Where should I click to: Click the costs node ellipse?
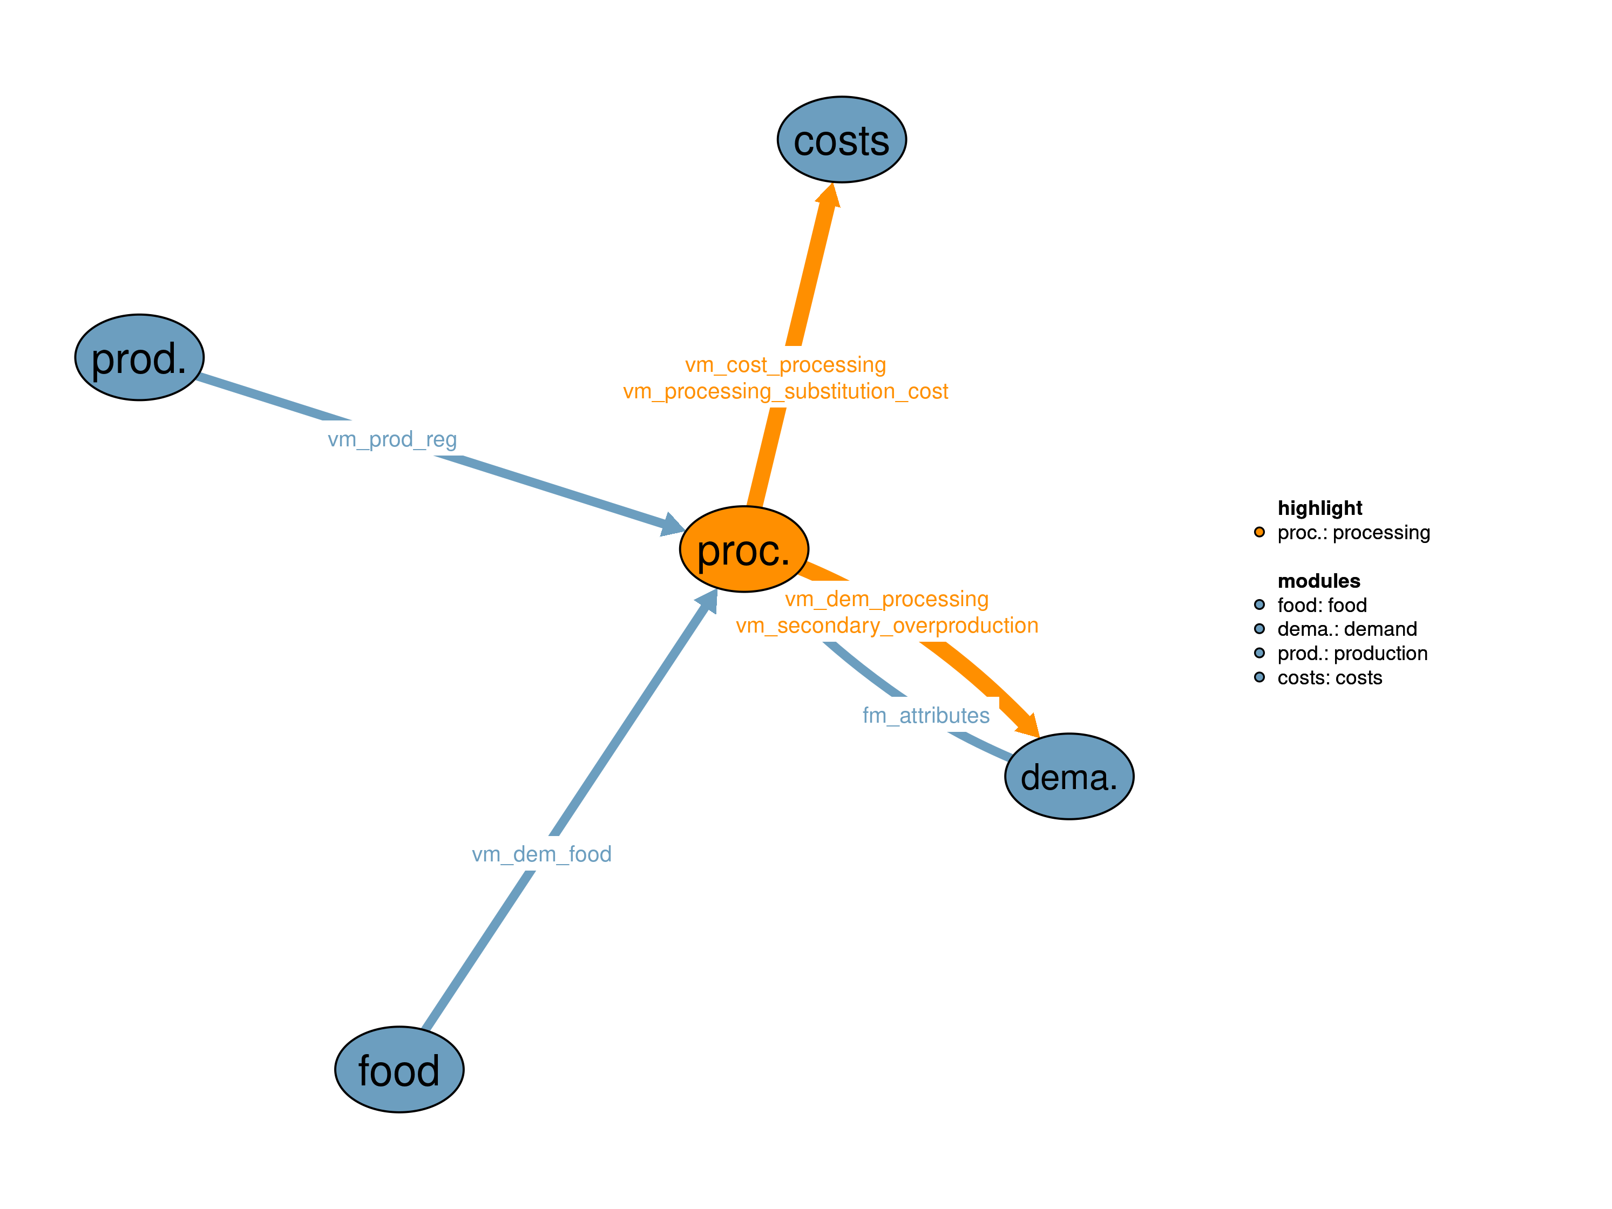coord(841,140)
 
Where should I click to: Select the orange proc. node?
coord(743,549)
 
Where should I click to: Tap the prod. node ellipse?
coord(139,358)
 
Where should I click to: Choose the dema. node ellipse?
coord(1068,776)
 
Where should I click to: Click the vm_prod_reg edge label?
coord(392,439)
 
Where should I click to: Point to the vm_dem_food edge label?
coord(541,853)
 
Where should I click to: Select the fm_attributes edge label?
coord(925,715)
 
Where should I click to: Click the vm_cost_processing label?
coord(785,364)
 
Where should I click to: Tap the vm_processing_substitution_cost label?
coord(785,391)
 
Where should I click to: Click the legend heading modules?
coord(1318,581)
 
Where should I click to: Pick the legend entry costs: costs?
coord(1329,678)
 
